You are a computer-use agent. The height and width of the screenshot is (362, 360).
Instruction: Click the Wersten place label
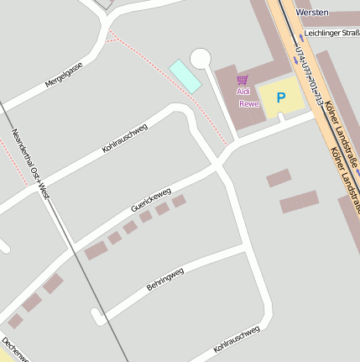click(x=312, y=13)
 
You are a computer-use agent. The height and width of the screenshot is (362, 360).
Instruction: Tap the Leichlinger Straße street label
click(x=332, y=33)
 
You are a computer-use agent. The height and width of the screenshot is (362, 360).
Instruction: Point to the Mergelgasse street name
click(x=64, y=77)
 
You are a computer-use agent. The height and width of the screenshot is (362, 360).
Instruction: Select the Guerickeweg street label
click(x=150, y=200)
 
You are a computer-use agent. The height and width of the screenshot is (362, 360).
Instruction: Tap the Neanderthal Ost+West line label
click(x=32, y=164)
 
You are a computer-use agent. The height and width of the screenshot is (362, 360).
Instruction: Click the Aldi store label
click(x=243, y=92)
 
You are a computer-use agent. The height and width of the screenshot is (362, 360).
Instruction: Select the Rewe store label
click(x=248, y=104)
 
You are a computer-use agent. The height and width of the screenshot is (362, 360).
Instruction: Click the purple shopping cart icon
click(x=243, y=80)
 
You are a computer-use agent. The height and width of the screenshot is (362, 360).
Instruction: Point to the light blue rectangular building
click(x=185, y=76)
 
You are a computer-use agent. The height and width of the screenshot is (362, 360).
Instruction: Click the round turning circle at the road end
click(x=200, y=58)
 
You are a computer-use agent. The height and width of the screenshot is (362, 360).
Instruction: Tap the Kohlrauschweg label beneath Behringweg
click(x=237, y=337)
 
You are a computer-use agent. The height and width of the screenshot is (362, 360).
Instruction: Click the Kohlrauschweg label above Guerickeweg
click(x=124, y=138)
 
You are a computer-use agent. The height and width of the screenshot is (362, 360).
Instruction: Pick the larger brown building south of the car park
click(x=300, y=202)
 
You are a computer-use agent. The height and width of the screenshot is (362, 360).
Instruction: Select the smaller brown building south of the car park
click(x=279, y=178)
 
